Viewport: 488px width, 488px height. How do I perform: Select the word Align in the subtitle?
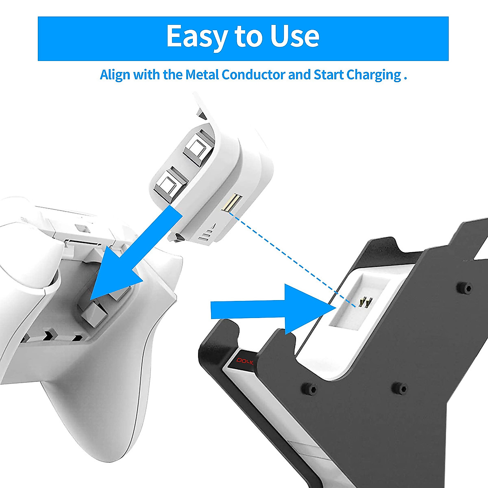pyautogui.click(x=115, y=75)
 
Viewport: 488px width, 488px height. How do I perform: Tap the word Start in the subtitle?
pyautogui.click(x=329, y=75)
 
